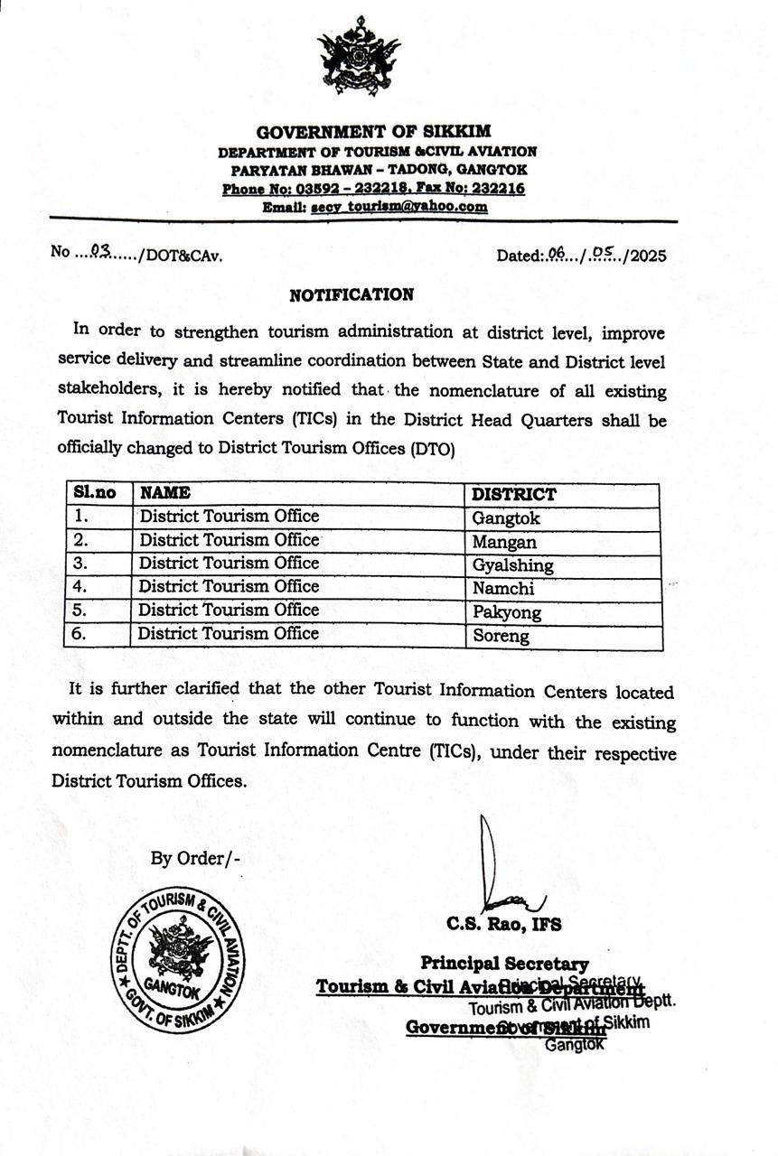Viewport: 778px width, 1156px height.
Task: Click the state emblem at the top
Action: pos(359,57)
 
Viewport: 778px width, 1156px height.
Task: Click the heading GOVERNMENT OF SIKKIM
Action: pos(372,133)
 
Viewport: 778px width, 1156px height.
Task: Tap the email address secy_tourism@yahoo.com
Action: pos(400,207)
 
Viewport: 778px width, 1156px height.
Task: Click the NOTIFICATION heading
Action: pos(352,294)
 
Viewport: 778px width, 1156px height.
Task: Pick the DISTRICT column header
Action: pos(514,494)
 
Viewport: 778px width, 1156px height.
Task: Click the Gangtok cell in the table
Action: pos(506,518)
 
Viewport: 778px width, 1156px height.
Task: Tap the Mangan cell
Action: pos(504,542)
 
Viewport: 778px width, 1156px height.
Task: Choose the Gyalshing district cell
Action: pos(512,565)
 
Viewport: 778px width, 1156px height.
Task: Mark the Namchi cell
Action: pos(503,589)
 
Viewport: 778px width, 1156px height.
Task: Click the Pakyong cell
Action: pos(507,612)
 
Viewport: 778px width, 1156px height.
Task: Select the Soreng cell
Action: pos(501,636)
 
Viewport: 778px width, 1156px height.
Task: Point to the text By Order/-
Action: pos(195,858)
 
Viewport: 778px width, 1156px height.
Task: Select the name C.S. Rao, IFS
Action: pos(503,925)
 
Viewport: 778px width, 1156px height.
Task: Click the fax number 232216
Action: pos(501,189)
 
